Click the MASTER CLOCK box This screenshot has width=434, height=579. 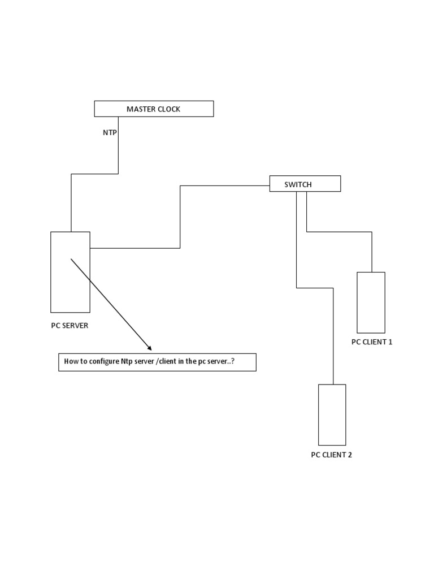[154, 109]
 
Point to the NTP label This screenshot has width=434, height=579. [110, 132]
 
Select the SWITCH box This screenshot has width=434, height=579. [305, 184]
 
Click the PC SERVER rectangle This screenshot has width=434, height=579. [70, 272]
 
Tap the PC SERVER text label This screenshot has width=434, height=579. [69, 326]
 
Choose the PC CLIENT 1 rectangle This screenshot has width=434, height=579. [371, 302]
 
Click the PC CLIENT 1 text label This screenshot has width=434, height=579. [371, 342]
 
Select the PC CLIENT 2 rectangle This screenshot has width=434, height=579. [332, 414]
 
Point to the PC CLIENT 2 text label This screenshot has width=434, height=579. [331, 455]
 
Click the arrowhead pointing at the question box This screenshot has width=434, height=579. [149, 348]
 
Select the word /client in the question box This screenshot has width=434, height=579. [169, 362]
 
